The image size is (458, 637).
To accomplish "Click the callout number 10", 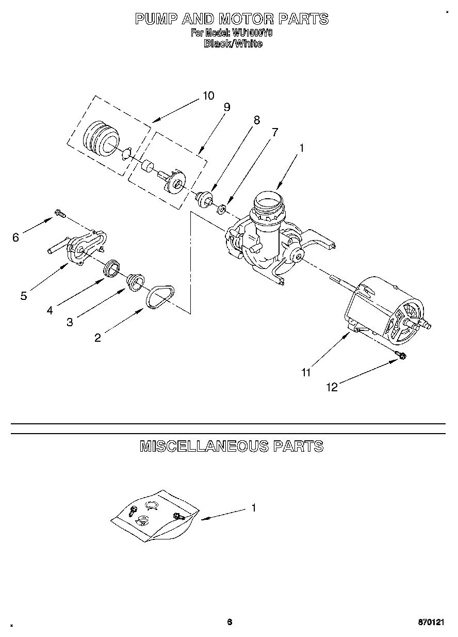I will pos(208,95).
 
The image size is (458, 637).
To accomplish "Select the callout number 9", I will pos(226,107).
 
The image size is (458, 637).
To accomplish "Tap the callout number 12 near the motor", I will pos(333,387).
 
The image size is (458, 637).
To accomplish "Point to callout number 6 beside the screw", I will pos(15,237).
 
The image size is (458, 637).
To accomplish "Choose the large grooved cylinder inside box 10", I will pos(101,138).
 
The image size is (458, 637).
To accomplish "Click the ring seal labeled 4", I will pos(112,268).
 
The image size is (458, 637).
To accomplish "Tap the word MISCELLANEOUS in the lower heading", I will pos(204,446).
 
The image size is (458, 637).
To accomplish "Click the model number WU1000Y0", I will pos(253,33).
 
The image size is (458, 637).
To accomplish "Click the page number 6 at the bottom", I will pos(229,623).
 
